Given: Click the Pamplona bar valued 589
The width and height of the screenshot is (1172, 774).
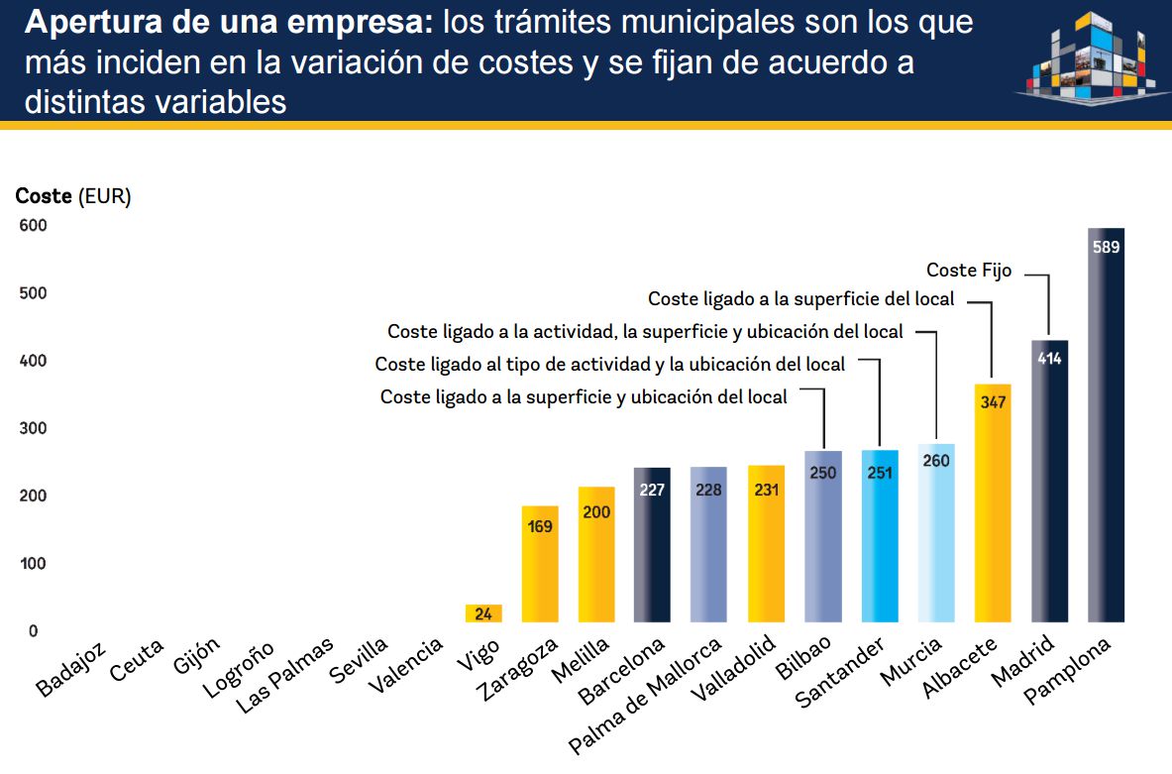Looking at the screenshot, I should click(1106, 426).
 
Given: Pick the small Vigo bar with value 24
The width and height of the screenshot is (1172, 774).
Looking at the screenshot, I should click(483, 613).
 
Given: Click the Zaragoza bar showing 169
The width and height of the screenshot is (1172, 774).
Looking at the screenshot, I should click(540, 565).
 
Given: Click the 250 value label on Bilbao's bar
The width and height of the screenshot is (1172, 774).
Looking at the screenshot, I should click(822, 473).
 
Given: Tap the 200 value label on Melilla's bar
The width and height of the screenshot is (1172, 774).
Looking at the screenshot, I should click(596, 512).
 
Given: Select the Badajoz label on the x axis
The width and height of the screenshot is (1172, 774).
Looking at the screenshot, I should click(68, 672).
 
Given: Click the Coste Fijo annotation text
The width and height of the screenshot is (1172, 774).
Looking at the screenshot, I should click(969, 270).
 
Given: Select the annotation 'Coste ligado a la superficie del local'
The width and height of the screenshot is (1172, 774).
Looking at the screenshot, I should click(800, 298).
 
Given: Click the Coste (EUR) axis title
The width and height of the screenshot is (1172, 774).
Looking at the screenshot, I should click(73, 196).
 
